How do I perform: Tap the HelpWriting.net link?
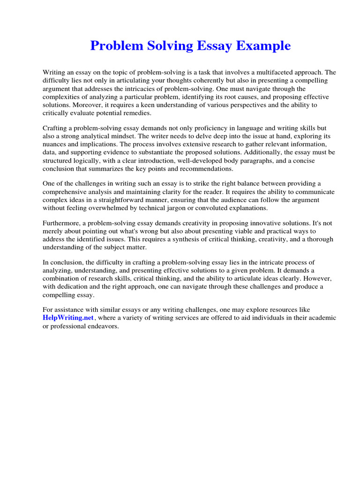coord(68,318)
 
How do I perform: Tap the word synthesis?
coord(164,239)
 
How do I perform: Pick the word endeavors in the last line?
coord(105,326)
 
